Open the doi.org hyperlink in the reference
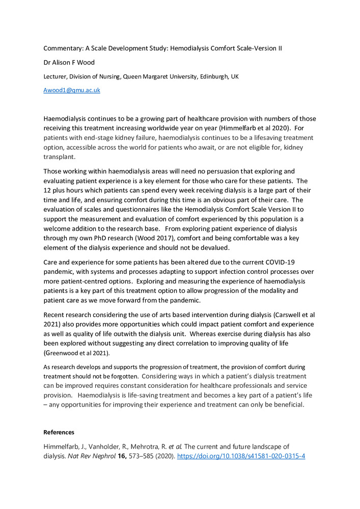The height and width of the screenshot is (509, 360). [x=241, y=456]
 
